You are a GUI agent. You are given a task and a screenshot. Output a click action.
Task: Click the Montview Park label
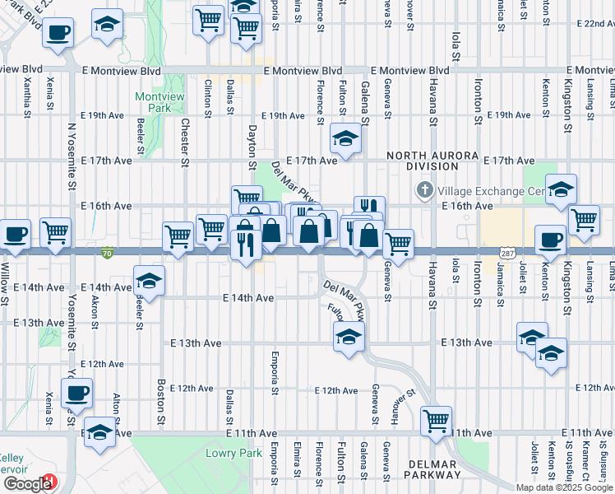pos(153,102)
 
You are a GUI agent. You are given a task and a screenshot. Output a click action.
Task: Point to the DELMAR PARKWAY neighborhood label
pos(432,470)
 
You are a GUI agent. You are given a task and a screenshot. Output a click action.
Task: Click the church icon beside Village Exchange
pos(425,191)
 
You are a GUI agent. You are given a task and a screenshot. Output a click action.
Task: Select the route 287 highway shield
pos(507,249)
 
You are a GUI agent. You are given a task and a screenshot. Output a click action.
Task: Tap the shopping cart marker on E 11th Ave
pos(435,420)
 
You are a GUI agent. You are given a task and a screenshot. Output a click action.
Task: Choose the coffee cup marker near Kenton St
pos(550,239)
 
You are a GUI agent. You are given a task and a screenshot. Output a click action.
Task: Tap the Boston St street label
pos(161,398)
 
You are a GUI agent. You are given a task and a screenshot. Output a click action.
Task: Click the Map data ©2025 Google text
pos(563,487)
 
